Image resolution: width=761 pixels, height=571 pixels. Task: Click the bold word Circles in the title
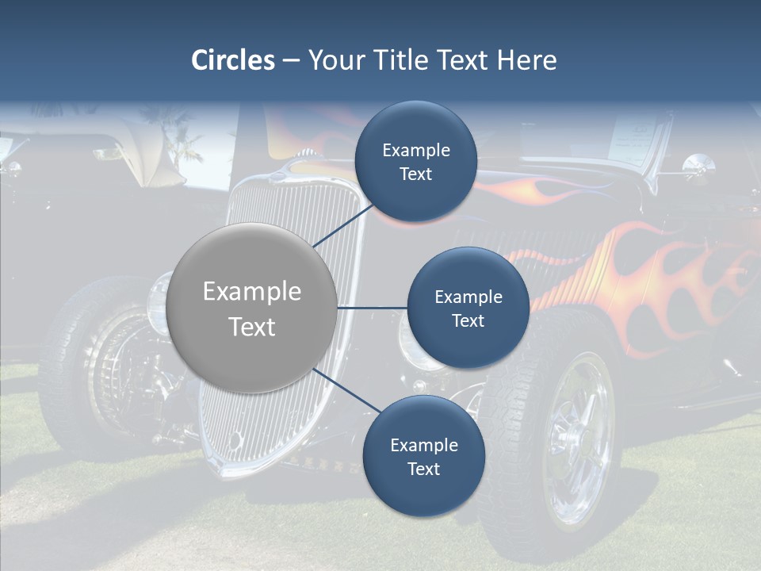click(232, 60)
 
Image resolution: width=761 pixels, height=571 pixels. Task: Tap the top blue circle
click(415, 162)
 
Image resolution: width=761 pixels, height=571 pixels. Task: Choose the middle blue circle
click(468, 308)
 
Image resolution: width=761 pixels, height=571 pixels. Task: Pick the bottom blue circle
click(423, 457)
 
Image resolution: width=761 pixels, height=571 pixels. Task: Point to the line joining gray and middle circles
click(372, 308)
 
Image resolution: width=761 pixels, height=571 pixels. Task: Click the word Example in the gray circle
click(252, 292)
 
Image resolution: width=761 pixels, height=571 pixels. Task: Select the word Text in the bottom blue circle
click(423, 469)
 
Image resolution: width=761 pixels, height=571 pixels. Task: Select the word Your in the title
click(333, 60)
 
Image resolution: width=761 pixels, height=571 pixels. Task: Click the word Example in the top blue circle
click(415, 150)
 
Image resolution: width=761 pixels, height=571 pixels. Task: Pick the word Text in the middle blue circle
click(468, 320)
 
